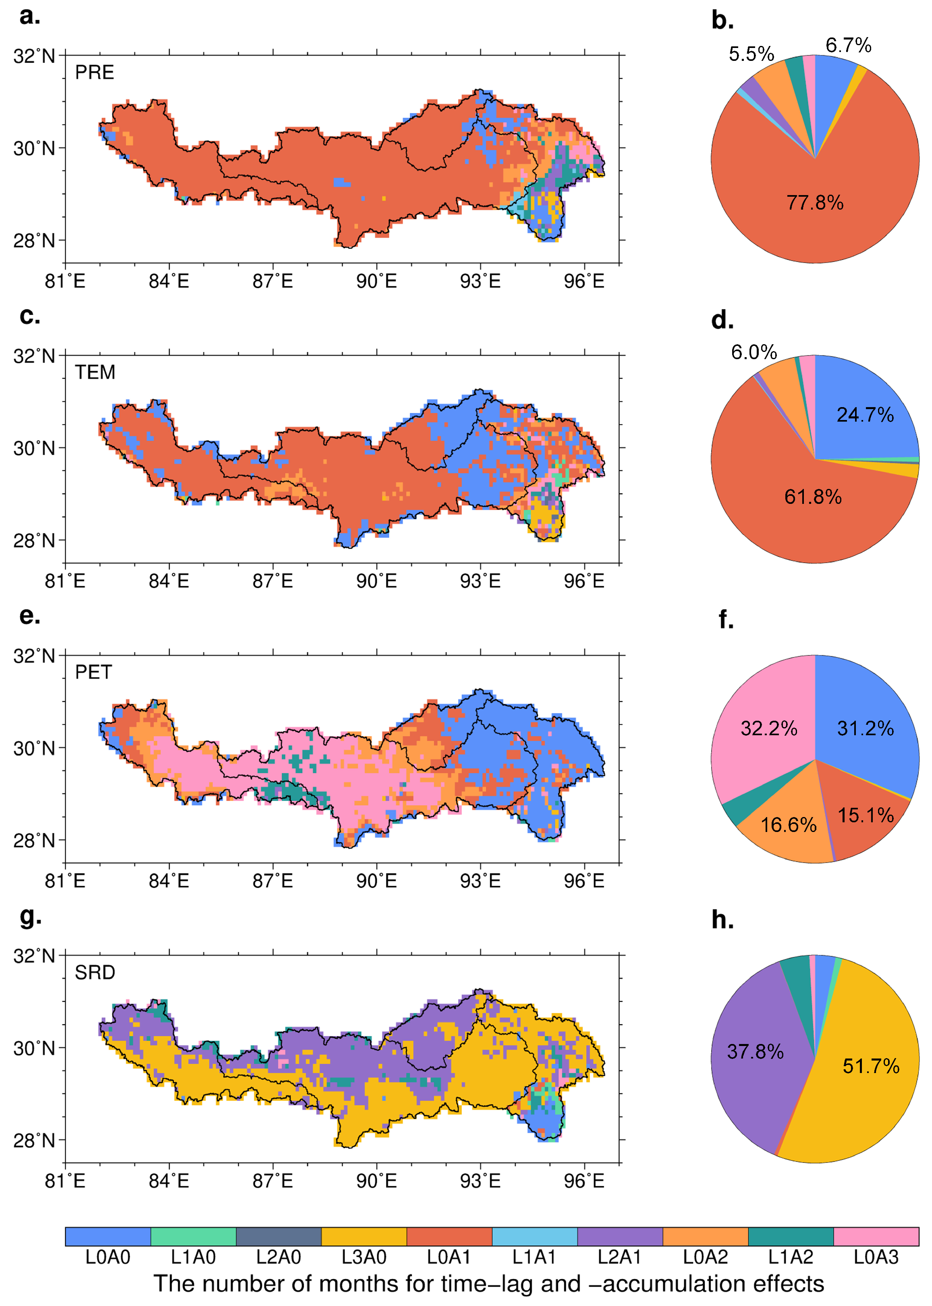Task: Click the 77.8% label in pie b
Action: click(814, 203)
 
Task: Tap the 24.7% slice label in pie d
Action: click(865, 414)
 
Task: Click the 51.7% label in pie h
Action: click(871, 1066)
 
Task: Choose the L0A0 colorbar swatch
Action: click(108, 1237)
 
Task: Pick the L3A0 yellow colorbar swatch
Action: click(364, 1237)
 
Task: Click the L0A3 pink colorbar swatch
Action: click(876, 1237)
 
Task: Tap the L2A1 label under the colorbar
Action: click(619, 1257)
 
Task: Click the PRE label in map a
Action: click(95, 72)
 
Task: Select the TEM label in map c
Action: click(95, 372)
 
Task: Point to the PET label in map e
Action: click(93, 672)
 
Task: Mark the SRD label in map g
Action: click(95, 973)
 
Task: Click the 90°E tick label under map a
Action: click(376, 281)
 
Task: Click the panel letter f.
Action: click(726, 620)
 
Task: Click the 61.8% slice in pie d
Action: click(813, 497)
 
